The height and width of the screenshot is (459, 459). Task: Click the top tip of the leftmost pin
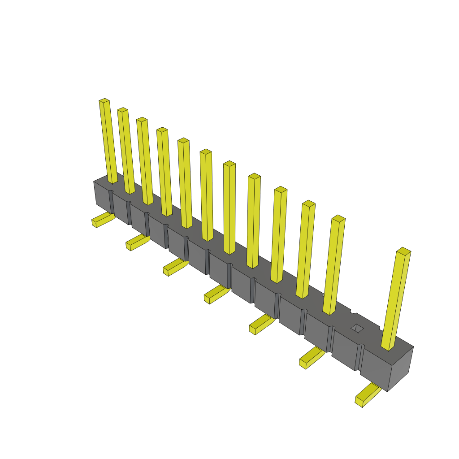click(x=104, y=100)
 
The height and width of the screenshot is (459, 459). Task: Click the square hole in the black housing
click(x=357, y=329)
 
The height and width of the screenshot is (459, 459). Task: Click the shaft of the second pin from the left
click(x=126, y=152)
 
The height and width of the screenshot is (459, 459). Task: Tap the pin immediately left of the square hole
click(x=334, y=264)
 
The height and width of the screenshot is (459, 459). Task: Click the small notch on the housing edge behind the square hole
click(x=354, y=312)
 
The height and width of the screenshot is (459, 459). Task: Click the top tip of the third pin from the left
click(x=142, y=120)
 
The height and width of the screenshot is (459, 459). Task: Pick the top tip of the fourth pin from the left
click(x=162, y=130)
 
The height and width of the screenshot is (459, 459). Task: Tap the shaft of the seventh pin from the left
click(x=229, y=206)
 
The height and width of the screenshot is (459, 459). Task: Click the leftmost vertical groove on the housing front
click(x=111, y=202)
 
